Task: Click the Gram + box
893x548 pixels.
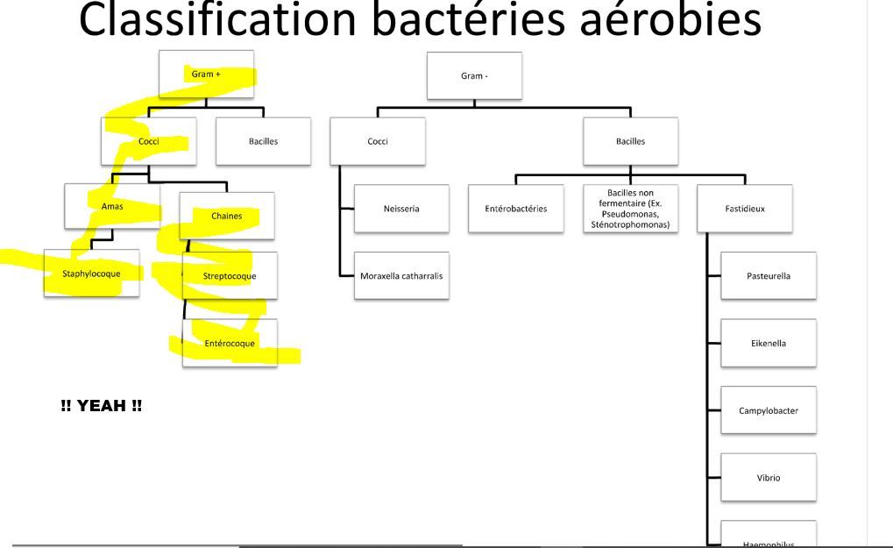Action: pos(206,75)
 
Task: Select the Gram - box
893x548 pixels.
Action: pos(474,76)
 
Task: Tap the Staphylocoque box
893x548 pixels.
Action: pos(91,274)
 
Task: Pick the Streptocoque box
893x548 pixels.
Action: pos(230,276)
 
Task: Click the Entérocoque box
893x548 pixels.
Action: pos(230,343)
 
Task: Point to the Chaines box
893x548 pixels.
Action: pos(226,216)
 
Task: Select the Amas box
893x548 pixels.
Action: pos(112,206)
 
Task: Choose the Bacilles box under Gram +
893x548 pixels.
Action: pos(263,142)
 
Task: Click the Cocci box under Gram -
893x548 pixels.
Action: pos(378,142)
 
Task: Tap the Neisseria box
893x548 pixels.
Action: pos(401,209)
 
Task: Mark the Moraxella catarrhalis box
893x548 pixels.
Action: pos(401,275)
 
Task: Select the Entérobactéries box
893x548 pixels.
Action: pos(515,209)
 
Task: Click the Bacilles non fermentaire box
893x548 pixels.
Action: pos(630,209)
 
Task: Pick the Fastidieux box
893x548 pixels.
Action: pos(745,209)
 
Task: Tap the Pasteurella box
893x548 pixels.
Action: pos(769,276)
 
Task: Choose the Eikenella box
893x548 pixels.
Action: pos(769,343)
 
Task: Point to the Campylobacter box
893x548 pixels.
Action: pos(769,410)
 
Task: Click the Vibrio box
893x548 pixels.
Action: pos(769,478)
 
